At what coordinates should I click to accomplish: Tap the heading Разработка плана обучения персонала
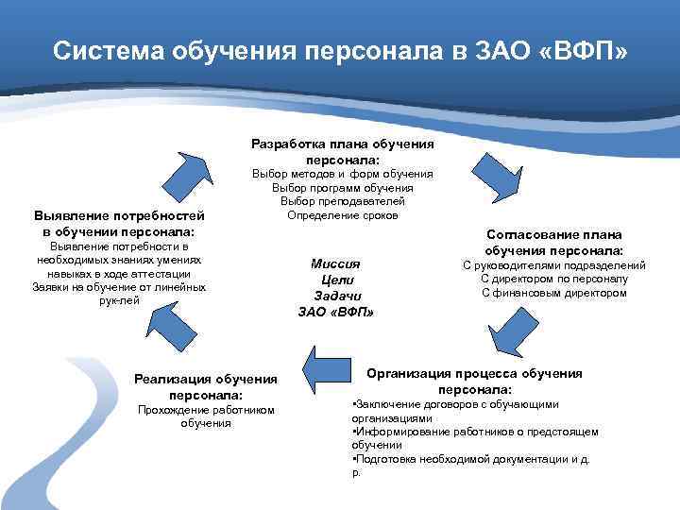coord(343,152)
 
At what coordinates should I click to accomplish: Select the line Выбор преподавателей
coord(343,201)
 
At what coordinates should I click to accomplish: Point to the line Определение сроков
coord(343,214)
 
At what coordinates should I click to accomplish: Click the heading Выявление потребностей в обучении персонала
coord(119,223)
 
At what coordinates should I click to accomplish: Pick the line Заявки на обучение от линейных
coord(119,286)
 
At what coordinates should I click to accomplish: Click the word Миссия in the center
coord(335,264)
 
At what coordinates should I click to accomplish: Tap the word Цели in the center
coord(336,280)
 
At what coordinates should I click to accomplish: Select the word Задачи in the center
coord(336,296)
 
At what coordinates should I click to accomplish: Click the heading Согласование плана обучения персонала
coord(553,242)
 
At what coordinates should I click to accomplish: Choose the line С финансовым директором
coord(553,293)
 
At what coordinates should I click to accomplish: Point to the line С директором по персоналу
coord(553,279)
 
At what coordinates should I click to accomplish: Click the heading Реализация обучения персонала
coord(206,386)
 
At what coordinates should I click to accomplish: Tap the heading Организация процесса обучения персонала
coord(475,381)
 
